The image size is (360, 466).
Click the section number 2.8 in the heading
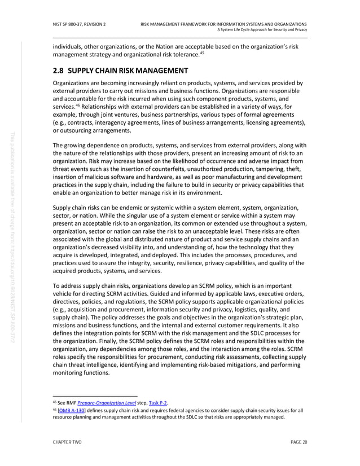click(x=60, y=71)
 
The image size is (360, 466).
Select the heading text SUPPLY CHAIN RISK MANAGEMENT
click(x=128, y=71)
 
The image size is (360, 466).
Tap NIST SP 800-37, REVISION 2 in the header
click(x=79, y=24)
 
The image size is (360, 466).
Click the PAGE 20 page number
click(x=298, y=443)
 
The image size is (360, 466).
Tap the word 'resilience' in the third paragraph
click(x=195, y=262)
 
